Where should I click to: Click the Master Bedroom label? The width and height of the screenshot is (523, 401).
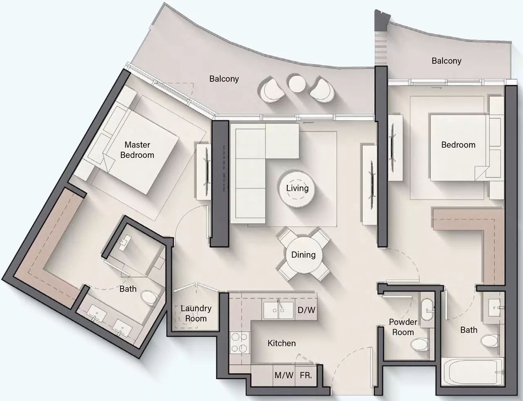137,150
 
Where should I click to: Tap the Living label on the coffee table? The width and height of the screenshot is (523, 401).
297,188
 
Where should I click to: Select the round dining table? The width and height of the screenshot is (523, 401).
304,255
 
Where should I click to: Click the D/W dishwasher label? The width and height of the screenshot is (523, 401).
306,310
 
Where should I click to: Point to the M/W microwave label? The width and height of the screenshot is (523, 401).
284,375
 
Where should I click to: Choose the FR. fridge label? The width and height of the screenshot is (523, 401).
306,375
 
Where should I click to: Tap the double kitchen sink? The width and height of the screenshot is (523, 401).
279,310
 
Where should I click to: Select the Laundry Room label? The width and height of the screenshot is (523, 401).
196,314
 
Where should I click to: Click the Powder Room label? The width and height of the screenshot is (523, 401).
403,327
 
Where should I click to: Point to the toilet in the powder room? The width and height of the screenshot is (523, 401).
420,344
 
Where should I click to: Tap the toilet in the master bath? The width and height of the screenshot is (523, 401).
148,298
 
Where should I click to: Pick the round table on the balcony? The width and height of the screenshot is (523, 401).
297,84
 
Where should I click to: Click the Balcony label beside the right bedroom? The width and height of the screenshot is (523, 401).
447,61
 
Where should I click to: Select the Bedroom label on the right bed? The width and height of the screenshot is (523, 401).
458,145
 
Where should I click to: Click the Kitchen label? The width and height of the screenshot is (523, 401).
282,343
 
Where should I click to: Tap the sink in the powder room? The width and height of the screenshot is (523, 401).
427,309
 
